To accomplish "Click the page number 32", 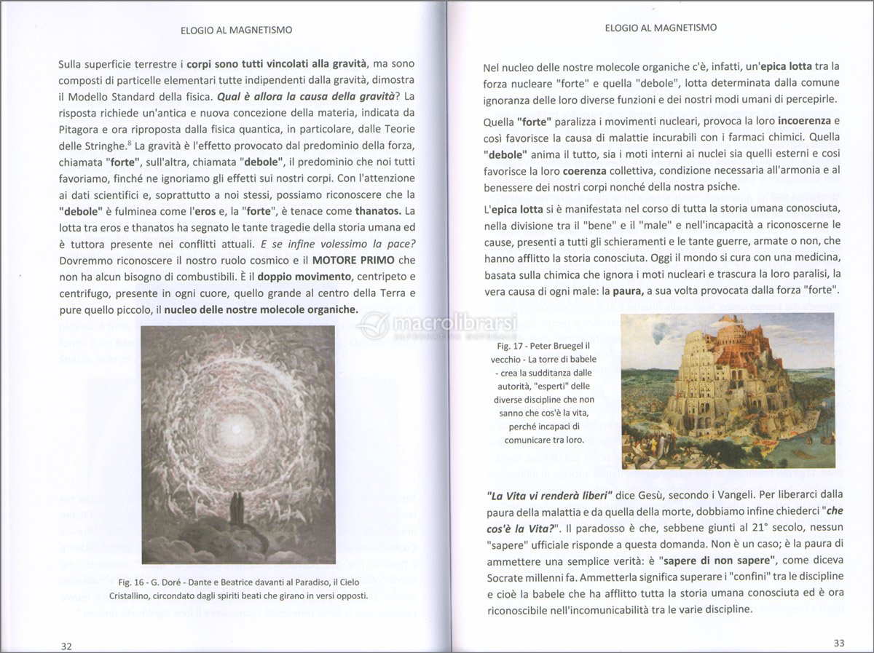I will pos(66,646).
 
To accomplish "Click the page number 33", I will pos(838,643).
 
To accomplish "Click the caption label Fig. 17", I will pos(511,346).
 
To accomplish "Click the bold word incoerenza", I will pos(803,119).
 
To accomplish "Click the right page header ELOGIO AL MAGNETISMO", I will pos(661,27).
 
